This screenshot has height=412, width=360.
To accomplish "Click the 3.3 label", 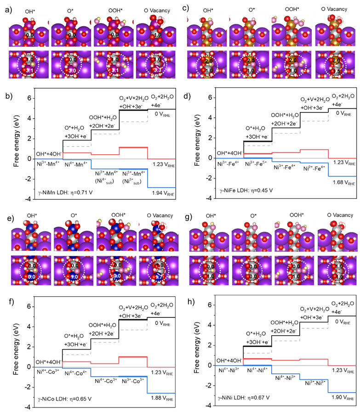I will (x=157, y=70).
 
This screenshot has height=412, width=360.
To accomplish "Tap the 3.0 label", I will (x=72, y=70).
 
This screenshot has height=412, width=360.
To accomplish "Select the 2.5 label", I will (x=251, y=60).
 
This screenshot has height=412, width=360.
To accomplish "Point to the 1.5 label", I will (x=337, y=71).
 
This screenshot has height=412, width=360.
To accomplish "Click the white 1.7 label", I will (x=159, y=277).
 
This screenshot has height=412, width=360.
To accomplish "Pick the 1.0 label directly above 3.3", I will (x=157, y=59).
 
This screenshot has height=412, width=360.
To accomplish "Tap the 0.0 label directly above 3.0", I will (x=73, y=59).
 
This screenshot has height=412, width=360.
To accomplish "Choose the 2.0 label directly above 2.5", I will (x=208, y=61).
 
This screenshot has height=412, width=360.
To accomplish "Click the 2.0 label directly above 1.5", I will (x=336, y=60).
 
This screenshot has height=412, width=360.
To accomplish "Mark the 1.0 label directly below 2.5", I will (x=251, y=71).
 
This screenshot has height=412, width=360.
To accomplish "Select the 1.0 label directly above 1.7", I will (x=160, y=265).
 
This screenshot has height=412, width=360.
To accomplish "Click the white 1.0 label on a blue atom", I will (x=74, y=277).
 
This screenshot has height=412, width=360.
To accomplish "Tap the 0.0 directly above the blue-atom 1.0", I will (x=74, y=265).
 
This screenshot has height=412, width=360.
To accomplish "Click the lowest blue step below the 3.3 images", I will (x=161, y=187).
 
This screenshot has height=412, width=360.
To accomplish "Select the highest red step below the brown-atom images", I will (x=314, y=149).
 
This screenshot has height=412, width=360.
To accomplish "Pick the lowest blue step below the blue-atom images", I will (x=161, y=393).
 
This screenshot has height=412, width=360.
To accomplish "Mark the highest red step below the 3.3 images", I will (x=133, y=147).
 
